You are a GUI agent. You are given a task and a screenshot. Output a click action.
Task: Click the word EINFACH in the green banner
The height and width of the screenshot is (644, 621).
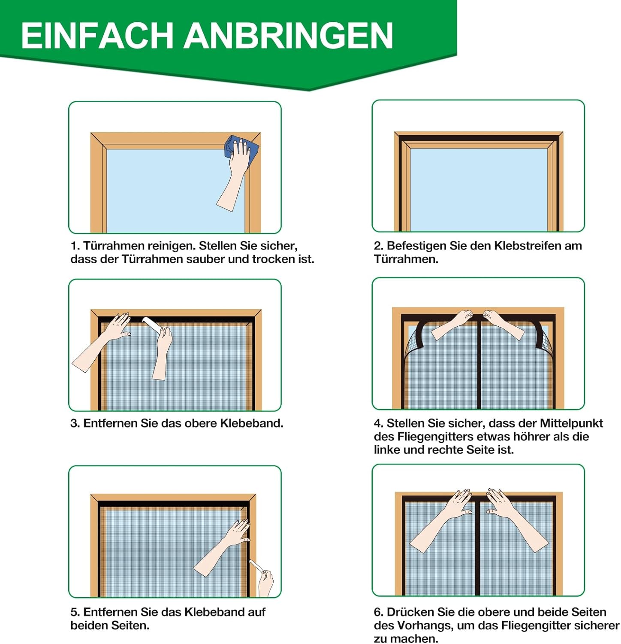97,36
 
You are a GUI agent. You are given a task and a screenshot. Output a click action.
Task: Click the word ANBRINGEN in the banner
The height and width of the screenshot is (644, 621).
288,36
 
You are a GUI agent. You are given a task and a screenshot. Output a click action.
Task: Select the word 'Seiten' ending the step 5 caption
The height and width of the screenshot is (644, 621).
130,626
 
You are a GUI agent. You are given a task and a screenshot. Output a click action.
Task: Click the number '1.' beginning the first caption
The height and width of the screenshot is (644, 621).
75,246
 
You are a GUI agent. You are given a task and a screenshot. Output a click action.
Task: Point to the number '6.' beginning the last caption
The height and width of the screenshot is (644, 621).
378,612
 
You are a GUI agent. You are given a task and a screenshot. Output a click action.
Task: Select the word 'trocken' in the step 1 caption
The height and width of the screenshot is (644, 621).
274,259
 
